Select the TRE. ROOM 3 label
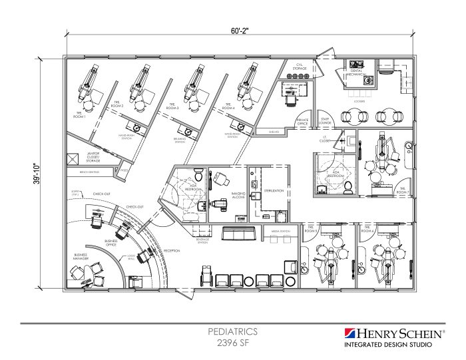(172, 105)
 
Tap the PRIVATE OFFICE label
(302, 121)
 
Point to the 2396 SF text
(233, 343)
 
